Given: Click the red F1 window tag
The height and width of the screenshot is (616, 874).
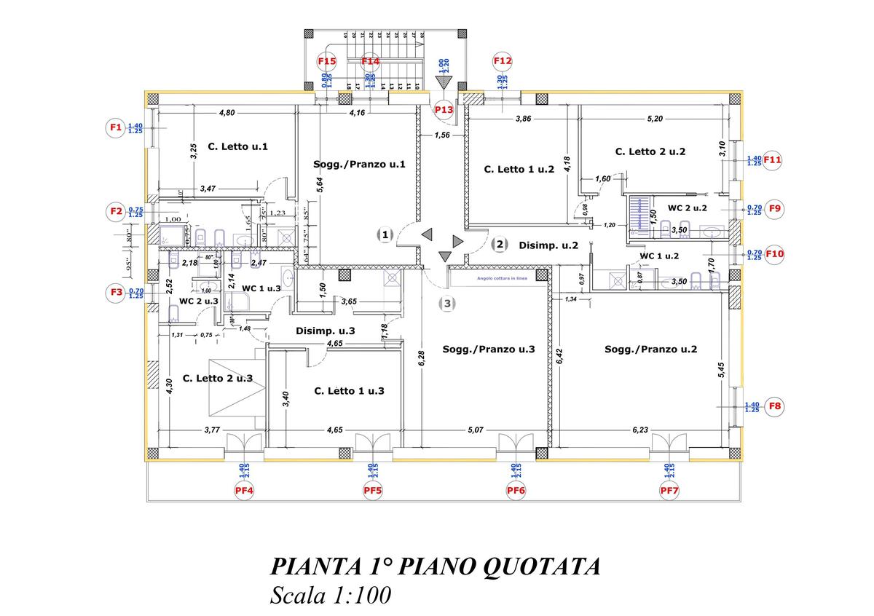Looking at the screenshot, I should tap(114, 127).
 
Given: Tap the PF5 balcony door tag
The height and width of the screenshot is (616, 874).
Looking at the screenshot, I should tap(373, 491).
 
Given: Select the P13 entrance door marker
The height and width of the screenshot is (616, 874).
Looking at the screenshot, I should tap(444, 109).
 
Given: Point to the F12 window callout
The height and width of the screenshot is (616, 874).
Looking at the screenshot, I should tap(503, 62).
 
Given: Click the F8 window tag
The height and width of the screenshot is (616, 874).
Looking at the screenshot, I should tap(775, 407).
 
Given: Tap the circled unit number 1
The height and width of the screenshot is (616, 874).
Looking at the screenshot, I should tap(385, 234).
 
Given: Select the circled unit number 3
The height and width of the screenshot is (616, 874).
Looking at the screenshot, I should tap(448, 303).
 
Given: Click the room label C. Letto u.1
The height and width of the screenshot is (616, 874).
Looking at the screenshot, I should tap(237, 146).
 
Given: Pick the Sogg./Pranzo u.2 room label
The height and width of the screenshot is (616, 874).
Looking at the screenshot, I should tap(650, 349).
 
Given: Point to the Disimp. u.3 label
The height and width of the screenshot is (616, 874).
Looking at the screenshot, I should tap(326, 331).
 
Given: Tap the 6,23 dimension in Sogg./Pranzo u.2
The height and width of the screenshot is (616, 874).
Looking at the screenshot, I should tap(639, 430).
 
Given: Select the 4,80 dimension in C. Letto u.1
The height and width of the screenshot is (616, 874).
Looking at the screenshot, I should tap(227, 113).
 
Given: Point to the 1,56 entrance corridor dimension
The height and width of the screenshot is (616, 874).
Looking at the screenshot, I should tap(441, 135).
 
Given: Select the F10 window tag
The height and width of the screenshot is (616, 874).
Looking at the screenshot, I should tap(775, 254).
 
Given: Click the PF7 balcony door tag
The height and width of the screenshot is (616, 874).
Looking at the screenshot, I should tap(669, 491).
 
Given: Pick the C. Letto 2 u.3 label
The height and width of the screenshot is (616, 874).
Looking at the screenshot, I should tap(218, 378).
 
